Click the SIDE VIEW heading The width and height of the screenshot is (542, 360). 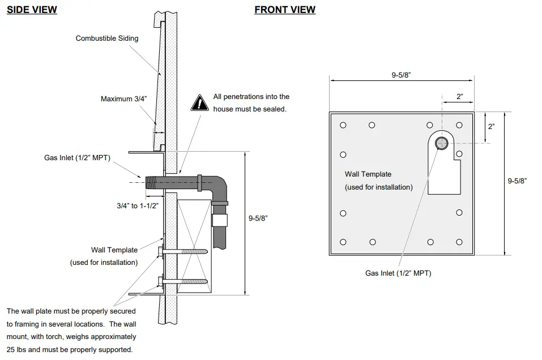click(x=32, y=10)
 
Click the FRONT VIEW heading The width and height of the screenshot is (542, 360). click(x=285, y=10)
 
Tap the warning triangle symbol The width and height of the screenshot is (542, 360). click(x=200, y=102)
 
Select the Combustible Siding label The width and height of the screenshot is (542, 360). click(x=107, y=38)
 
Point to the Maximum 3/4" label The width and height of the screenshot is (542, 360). click(x=123, y=99)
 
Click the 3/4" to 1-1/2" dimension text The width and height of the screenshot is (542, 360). click(x=133, y=206)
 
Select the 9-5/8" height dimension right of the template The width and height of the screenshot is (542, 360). click(x=517, y=181)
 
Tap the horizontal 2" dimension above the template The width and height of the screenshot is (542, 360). click(x=460, y=97)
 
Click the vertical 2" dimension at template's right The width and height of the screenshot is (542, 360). click(x=491, y=126)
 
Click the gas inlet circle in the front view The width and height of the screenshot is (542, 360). click(x=441, y=143)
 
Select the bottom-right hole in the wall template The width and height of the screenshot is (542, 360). click(x=459, y=242)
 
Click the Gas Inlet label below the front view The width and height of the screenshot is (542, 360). click(x=398, y=273)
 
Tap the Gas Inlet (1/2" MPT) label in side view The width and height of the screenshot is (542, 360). click(x=77, y=157)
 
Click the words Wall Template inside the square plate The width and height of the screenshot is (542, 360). click(x=368, y=174)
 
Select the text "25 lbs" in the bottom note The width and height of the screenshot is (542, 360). click(x=18, y=350)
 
